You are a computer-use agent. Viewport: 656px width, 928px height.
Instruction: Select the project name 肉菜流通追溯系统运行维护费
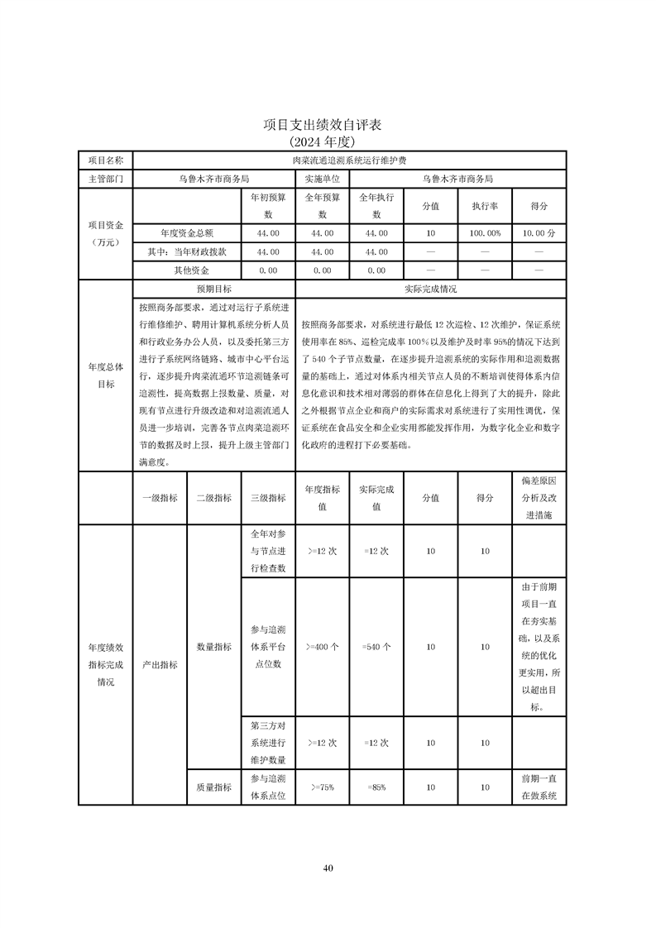click(x=348, y=160)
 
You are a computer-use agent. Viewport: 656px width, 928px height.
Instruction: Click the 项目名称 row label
click(x=105, y=160)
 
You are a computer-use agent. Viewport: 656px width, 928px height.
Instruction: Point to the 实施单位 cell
click(x=322, y=178)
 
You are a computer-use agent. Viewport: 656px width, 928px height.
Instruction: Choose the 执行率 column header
click(x=485, y=205)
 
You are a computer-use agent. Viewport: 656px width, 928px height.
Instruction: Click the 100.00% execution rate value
click(x=485, y=234)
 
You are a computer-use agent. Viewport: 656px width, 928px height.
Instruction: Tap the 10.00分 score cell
click(x=539, y=234)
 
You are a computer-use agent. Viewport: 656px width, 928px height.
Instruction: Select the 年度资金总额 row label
click(x=186, y=234)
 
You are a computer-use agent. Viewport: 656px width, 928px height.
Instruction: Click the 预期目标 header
click(x=213, y=289)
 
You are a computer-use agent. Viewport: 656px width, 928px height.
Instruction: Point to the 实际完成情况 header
click(x=430, y=289)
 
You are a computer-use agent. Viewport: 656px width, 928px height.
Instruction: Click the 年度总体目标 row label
click(x=105, y=376)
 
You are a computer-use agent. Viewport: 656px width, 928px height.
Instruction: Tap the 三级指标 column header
click(x=267, y=498)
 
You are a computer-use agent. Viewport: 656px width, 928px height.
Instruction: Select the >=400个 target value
click(x=322, y=647)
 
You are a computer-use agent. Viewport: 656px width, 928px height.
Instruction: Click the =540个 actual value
click(x=376, y=647)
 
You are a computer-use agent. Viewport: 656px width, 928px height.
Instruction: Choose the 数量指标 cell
click(x=213, y=647)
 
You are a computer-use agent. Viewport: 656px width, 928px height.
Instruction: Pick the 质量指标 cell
click(x=213, y=787)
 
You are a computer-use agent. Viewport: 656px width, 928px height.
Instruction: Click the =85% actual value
click(x=376, y=787)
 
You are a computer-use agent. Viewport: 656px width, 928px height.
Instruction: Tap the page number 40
click(x=328, y=868)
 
